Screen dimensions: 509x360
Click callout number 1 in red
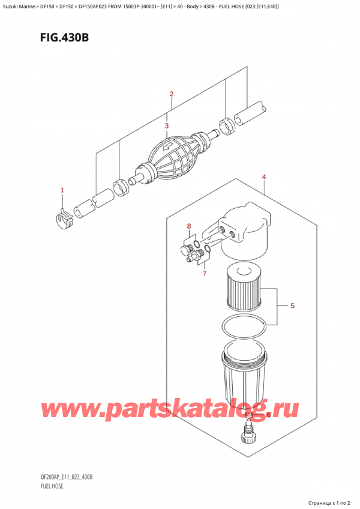click(61, 190)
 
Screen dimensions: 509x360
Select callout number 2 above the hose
click(172, 94)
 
